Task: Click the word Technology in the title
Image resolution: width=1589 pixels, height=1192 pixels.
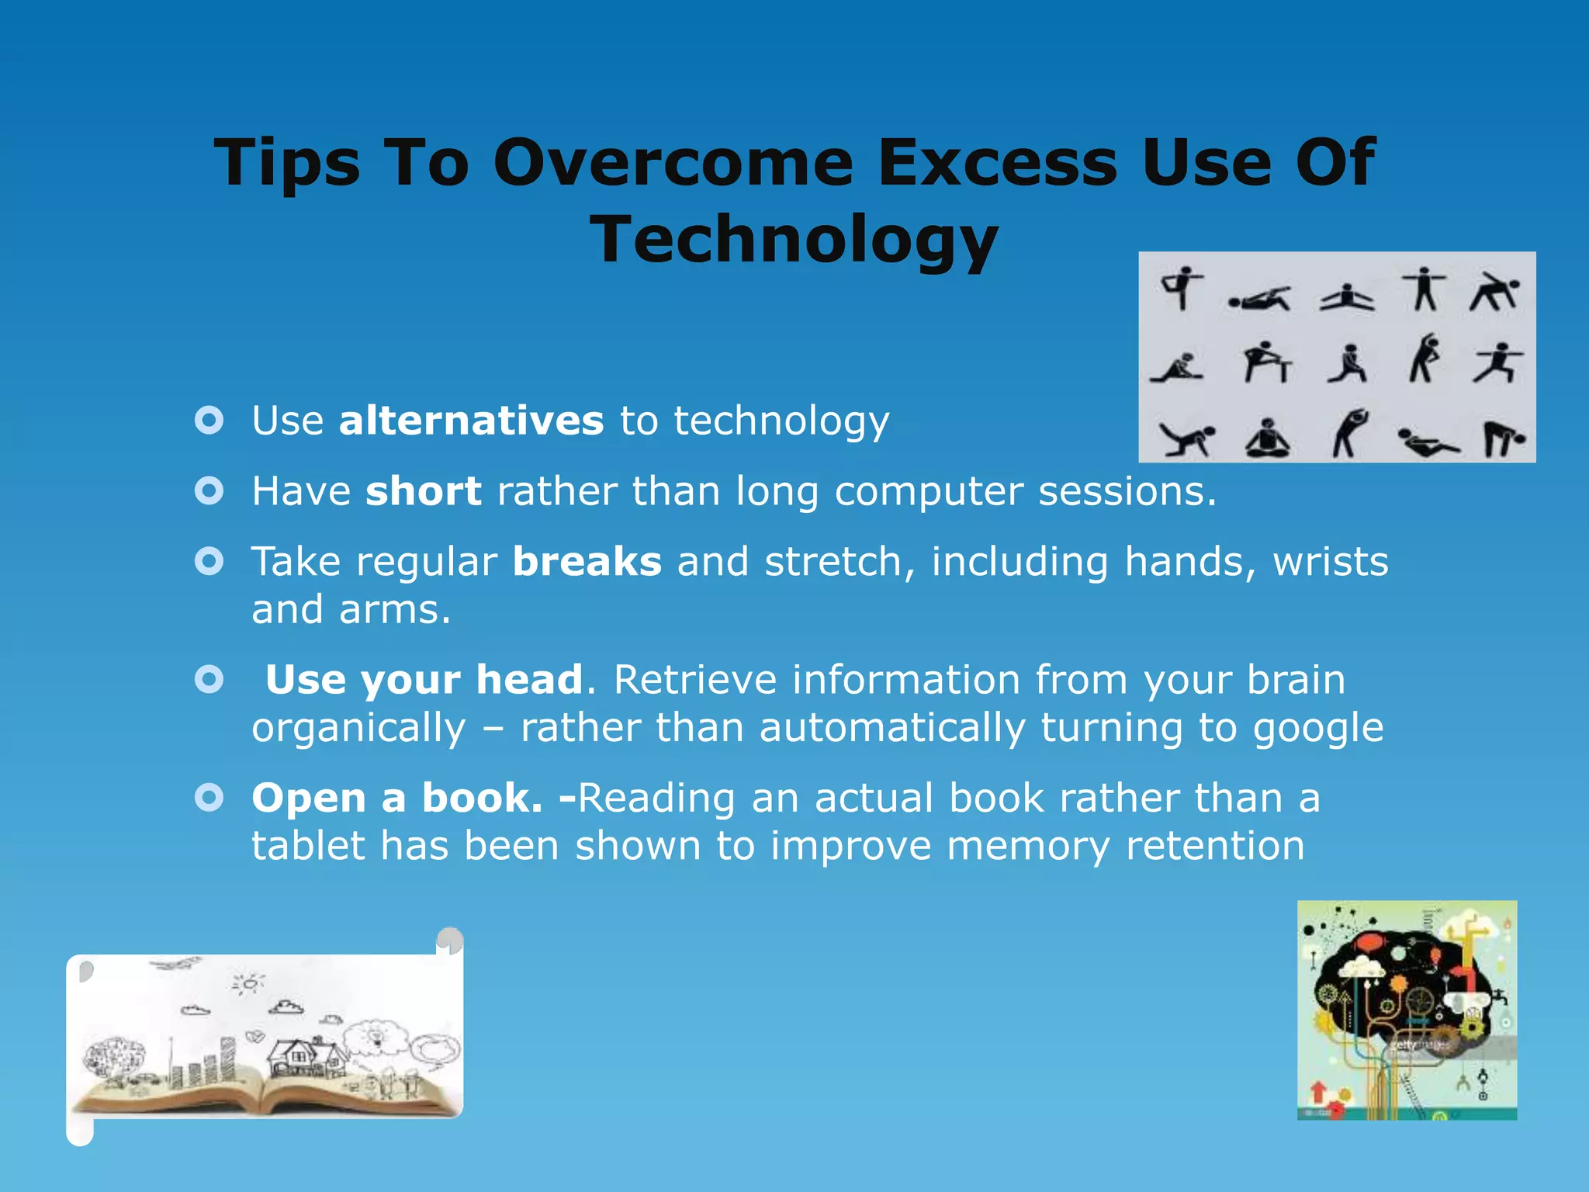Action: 794,239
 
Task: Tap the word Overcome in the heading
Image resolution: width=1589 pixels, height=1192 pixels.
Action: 673,162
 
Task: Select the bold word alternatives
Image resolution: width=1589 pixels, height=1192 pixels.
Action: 471,421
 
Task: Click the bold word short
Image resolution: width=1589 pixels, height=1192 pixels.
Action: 424,491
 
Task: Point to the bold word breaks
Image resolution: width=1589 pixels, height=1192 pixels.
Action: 587,561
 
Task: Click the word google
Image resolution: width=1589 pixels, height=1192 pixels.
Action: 1318,728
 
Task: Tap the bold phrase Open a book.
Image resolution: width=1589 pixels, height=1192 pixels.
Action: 396,798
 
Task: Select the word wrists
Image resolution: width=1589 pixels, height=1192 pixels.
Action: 1330,561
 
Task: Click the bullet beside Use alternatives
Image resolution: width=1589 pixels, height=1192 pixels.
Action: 209,421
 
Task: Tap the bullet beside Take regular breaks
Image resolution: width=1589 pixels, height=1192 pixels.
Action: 209,561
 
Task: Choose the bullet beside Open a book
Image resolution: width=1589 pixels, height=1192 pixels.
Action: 209,798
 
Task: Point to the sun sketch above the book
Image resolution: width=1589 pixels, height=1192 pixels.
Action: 248,984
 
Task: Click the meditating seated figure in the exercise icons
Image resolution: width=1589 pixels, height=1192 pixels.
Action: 1266,438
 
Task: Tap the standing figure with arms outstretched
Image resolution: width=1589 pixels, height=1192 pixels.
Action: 1424,289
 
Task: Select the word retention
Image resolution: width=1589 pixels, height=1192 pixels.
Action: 1215,845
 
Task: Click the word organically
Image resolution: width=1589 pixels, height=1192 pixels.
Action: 358,728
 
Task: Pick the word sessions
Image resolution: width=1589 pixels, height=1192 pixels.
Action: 1127,491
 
